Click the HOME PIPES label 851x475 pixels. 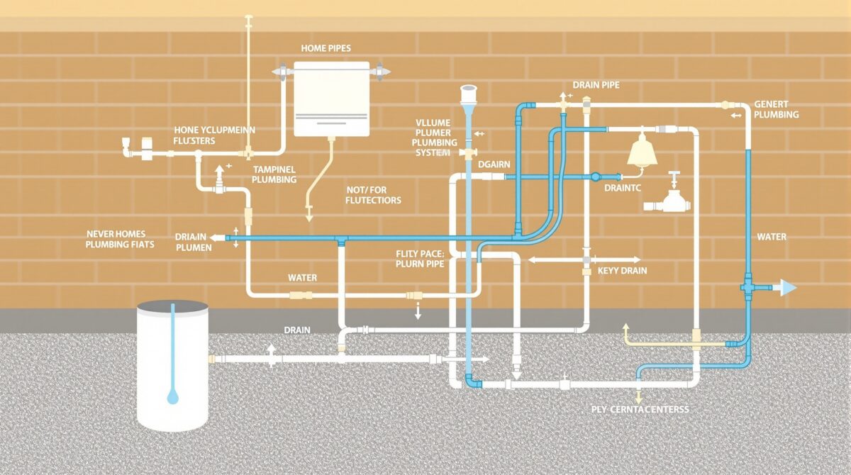pos(326,47)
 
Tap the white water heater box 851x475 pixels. pos(332,99)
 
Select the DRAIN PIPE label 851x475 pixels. pos(596,85)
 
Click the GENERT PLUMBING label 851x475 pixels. pos(776,109)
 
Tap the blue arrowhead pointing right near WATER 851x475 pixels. pos(787,287)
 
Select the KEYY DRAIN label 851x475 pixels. pos(622,271)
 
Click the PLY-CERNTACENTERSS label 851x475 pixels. pos(640,410)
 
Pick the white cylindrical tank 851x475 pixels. pos(172,365)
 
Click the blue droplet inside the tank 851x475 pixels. pos(172,398)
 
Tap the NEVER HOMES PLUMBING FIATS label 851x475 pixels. pos(120,239)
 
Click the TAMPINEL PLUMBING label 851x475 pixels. pos(274,174)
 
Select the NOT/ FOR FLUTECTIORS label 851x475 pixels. pos(373,195)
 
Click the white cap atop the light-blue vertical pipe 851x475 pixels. pos(469,92)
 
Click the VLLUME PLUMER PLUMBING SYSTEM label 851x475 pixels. pos(433,138)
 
